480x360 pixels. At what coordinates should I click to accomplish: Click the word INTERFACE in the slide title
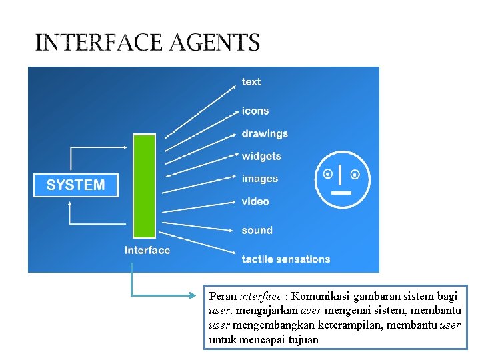(99, 43)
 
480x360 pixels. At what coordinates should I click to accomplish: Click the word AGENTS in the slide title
(215, 43)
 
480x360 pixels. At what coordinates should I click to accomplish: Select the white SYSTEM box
(75, 185)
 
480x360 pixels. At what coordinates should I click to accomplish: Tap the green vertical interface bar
(144, 186)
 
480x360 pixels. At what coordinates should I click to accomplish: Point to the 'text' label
(251, 82)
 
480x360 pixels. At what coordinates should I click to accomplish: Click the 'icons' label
(255, 111)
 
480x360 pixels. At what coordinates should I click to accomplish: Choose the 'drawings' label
(265, 133)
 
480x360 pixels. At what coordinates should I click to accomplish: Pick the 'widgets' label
(261, 156)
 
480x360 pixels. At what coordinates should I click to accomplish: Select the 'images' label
(259, 179)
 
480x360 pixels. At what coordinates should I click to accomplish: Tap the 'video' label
(255, 201)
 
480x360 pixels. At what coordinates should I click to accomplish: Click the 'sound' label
(257, 231)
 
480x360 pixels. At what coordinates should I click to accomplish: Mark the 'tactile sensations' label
(285, 259)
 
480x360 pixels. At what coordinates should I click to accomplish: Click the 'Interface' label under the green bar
(147, 251)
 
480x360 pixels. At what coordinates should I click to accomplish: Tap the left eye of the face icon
(327, 175)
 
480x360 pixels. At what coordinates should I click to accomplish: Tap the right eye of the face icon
(355, 175)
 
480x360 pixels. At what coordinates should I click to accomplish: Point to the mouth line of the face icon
(341, 193)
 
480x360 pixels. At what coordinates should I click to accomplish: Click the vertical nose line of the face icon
(341, 175)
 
